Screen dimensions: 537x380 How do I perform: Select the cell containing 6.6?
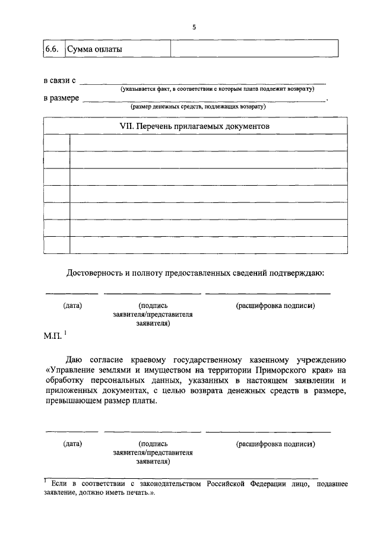point(52,49)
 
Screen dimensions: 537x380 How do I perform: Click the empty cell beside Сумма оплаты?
point(254,49)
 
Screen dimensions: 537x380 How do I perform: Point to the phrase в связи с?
point(60,80)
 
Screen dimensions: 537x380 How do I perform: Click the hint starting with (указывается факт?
point(216,88)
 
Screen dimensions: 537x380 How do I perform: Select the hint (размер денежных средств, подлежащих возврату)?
point(198,107)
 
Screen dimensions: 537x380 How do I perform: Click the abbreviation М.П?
point(53,336)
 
